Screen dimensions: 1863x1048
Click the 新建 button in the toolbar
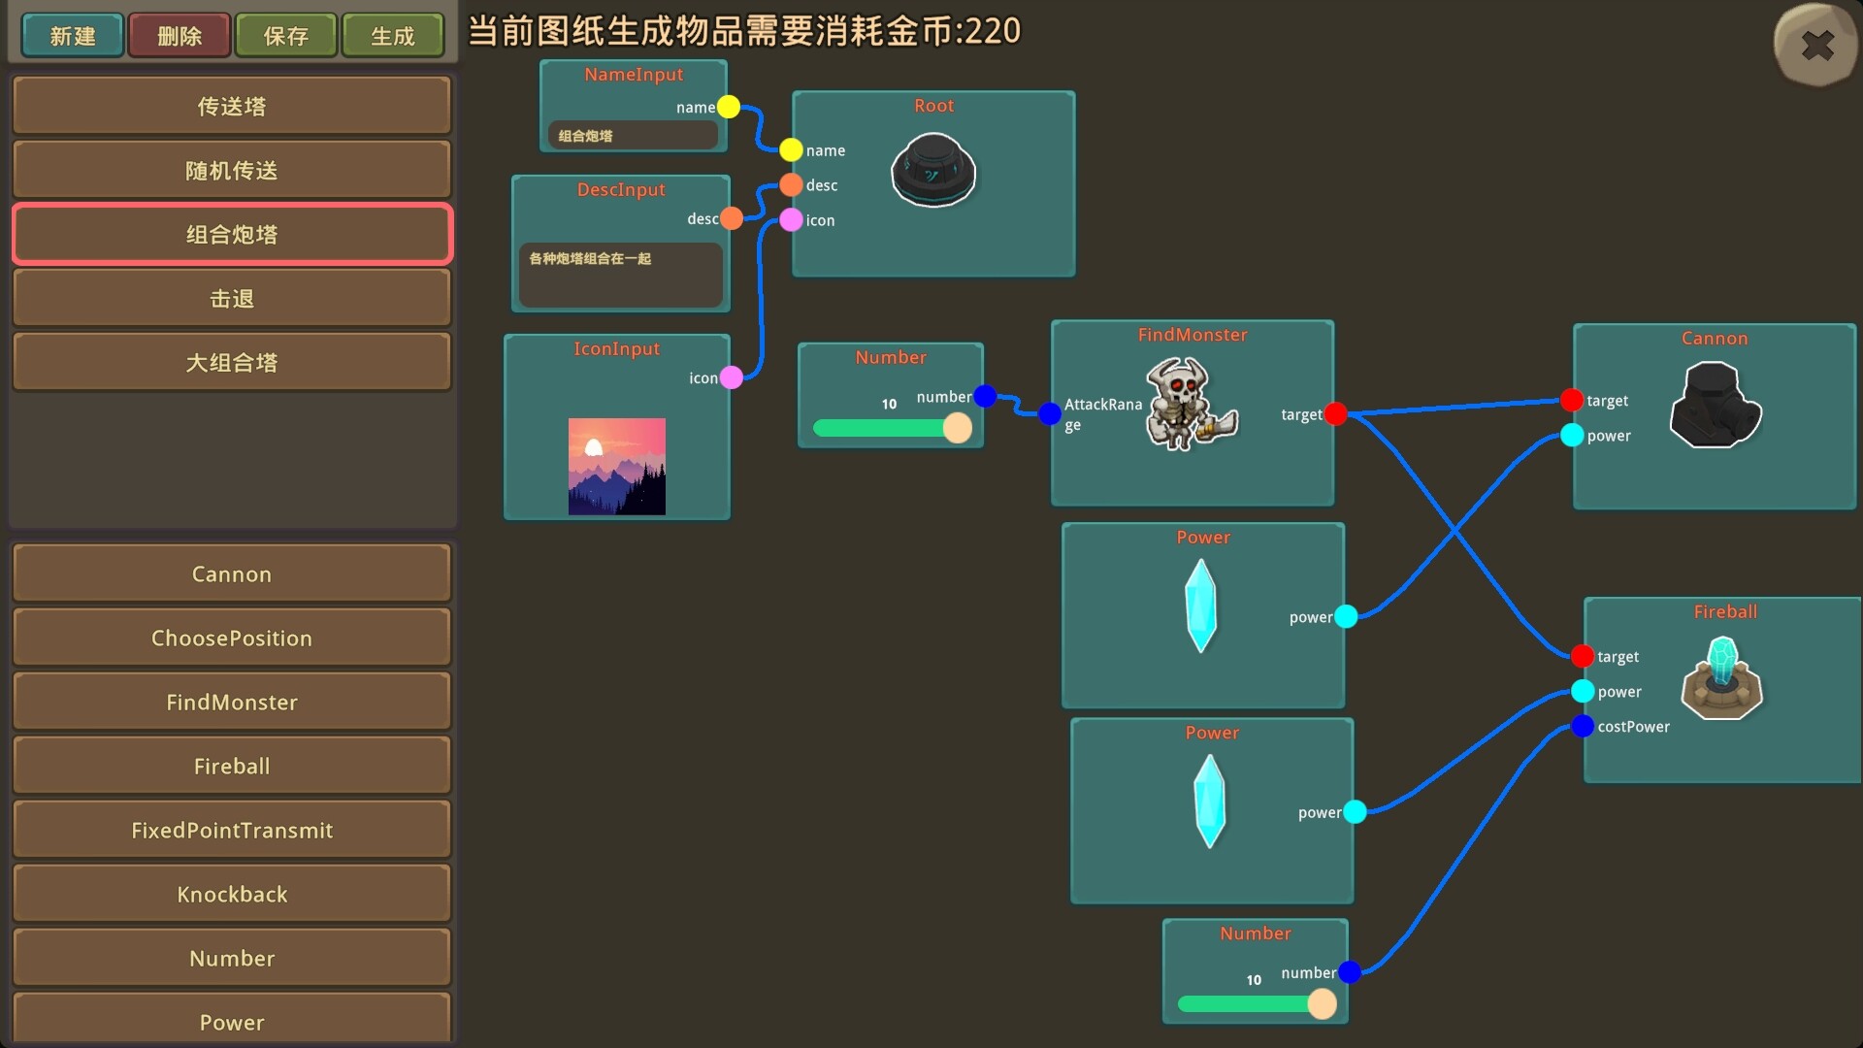pyautogui.click(x=73, y=36)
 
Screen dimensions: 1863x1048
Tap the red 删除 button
pyautogui.click(x=180, y=36)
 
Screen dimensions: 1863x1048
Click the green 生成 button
pyautogui.click(x=393, y=36)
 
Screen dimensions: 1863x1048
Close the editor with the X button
pyautogui.click(x=1816, y=45)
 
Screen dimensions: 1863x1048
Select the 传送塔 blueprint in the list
pyautogui.click(x=232, y=106)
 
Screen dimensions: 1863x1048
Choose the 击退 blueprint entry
pyautogui.click(x=232, y=298)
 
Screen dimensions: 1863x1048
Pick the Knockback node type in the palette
pyautogui.click(x=232, y=894)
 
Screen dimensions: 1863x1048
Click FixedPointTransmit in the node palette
pyautogui.click(x=232, y=830)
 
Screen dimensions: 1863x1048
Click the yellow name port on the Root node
pyautogui.click(x=792, y=149)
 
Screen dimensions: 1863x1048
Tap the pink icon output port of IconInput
pyautogui.click(x=732, y=377)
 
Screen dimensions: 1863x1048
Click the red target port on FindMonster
pyautogui.click(x=1336, y=414)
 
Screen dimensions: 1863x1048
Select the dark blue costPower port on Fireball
pyautogui.click(x=1583, y=726)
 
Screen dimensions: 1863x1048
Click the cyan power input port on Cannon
pyautogui.click(x=1573, y=435)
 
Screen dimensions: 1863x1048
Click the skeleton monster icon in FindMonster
pyautogui.click(x=1191, y=404)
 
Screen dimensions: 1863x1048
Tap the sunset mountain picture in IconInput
pyautogui.click(x=617, y=466)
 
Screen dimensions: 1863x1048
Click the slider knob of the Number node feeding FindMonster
pyautogui.click(x=958, y=428)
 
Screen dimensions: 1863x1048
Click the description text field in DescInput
pyautogui.click(x=621, y=275)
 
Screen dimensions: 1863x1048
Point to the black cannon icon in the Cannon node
pyautogui.click(x=1715, y=405)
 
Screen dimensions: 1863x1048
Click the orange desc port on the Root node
pyautogui.click(x=792, y=184)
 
